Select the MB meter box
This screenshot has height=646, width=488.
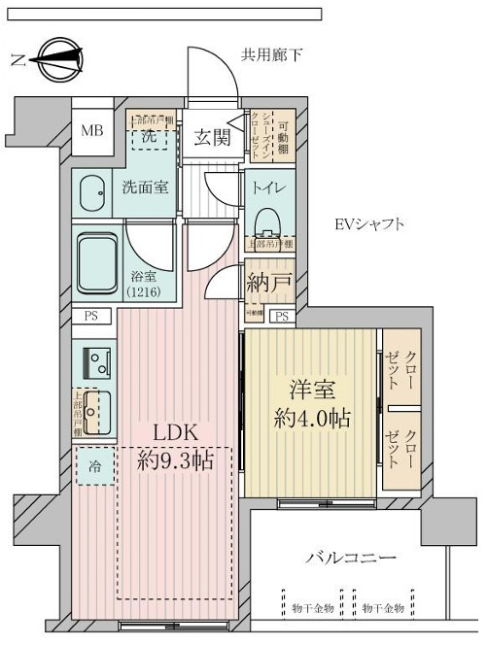tap(91, 131)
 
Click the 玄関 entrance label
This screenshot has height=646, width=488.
tap(211, 137)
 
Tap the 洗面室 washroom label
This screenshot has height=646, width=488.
tap(145, 187)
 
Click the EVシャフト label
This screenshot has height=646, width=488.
tap(368, 225)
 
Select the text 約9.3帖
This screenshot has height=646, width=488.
tap(174, 460)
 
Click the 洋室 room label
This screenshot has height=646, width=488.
tap(310, 391)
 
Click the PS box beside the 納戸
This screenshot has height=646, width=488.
tap(282, 317)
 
